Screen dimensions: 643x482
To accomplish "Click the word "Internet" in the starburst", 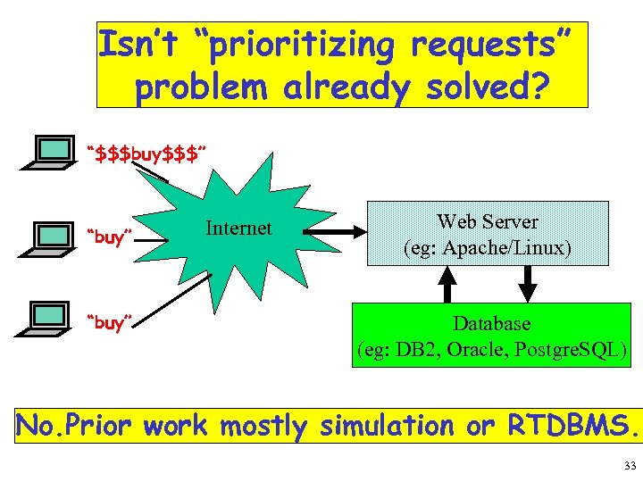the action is pyautogui.click(x=238, y=229).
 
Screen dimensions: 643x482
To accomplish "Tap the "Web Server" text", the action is pyautogui.click(x=487, y=221).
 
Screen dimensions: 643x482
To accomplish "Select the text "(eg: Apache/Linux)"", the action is pyautogui.click(x=487, y=247).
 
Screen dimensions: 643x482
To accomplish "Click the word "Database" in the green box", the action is pyautogui.click(x=491, y=323).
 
